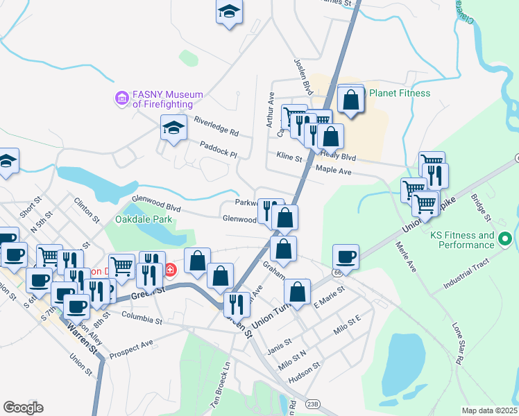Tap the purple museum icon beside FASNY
[x=122, y=98]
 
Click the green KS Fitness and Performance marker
[x=505, y=240]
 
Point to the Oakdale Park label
[x=144, y=220]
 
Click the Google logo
[x=23, y=407]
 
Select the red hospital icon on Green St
[x=170, y=269]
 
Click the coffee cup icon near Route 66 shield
[x=346, y=257]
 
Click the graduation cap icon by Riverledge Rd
[x=174, y=128]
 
